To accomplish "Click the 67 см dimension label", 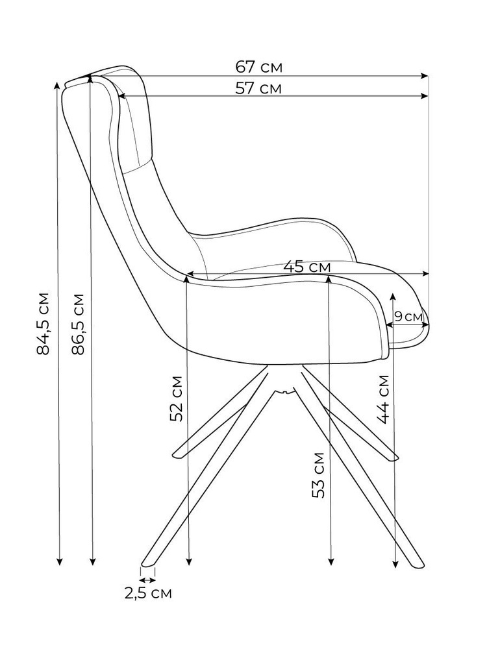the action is coord(259,67).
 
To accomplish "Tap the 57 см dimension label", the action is coord(258,89).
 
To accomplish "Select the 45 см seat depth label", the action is coord(307,266).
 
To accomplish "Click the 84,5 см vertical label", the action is coord(43,323).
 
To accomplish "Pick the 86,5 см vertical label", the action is coord(77,323).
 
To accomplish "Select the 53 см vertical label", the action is coord(319,474).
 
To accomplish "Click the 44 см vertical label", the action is coord(384,398).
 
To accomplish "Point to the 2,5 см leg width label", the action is coord(148,593).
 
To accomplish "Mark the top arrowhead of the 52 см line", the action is coord(187,280).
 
